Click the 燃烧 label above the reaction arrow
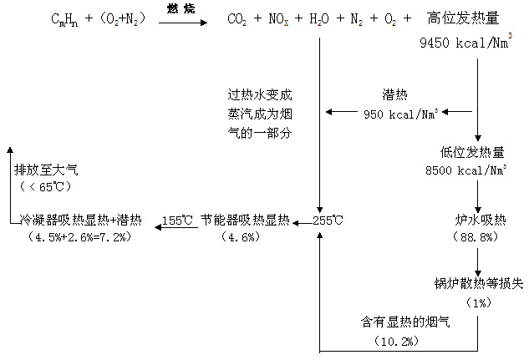click(181, 8)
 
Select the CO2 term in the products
click(241, 19)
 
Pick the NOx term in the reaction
click(280, 19)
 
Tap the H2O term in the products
click(319, 19)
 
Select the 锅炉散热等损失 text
click(478, 284)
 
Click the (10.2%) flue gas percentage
click(394, 341)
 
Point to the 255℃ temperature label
click(328, 221)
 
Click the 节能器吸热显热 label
click(245, 221)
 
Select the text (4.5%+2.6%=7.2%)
click(79, 237)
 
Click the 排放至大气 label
click(46, 170)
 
